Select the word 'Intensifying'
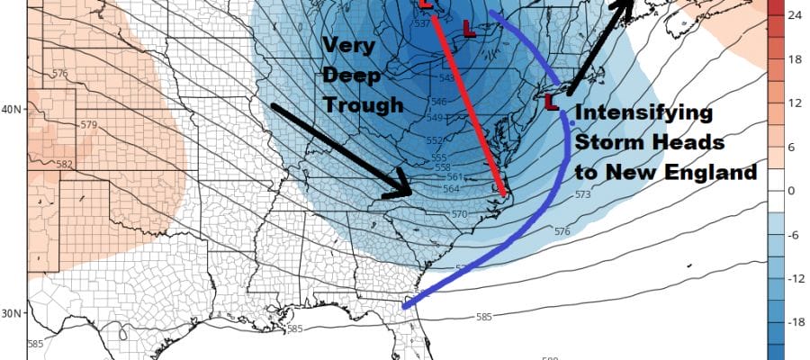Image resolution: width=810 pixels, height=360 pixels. (643, 114)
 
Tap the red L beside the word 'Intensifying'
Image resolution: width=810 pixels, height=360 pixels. (551, 103)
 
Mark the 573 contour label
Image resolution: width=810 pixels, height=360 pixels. (583, 195)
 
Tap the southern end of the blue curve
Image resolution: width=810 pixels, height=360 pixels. (404, 308)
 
